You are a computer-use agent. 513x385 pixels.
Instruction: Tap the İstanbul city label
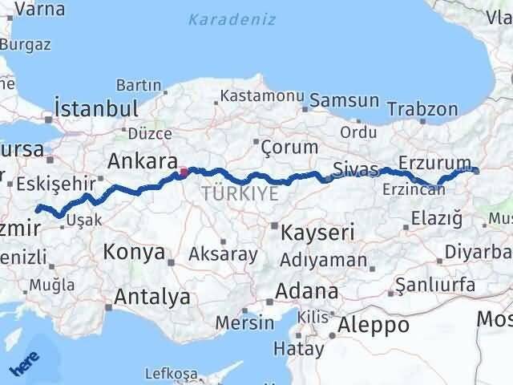coord(95,108)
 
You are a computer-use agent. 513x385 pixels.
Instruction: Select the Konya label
coord(134,253)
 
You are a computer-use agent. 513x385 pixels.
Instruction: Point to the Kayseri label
coord(317,233)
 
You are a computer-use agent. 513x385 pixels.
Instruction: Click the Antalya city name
coord(152,297)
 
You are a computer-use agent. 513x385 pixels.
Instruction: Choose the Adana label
coord(307,290)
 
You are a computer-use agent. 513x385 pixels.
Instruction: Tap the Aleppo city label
coord(374,325)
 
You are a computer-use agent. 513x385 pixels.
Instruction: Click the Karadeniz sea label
coord(232,19)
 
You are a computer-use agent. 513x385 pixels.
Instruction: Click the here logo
coord(24,365)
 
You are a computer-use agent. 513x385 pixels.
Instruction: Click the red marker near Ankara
coord(184,171)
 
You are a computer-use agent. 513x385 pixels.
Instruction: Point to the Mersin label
coord(248,322)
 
